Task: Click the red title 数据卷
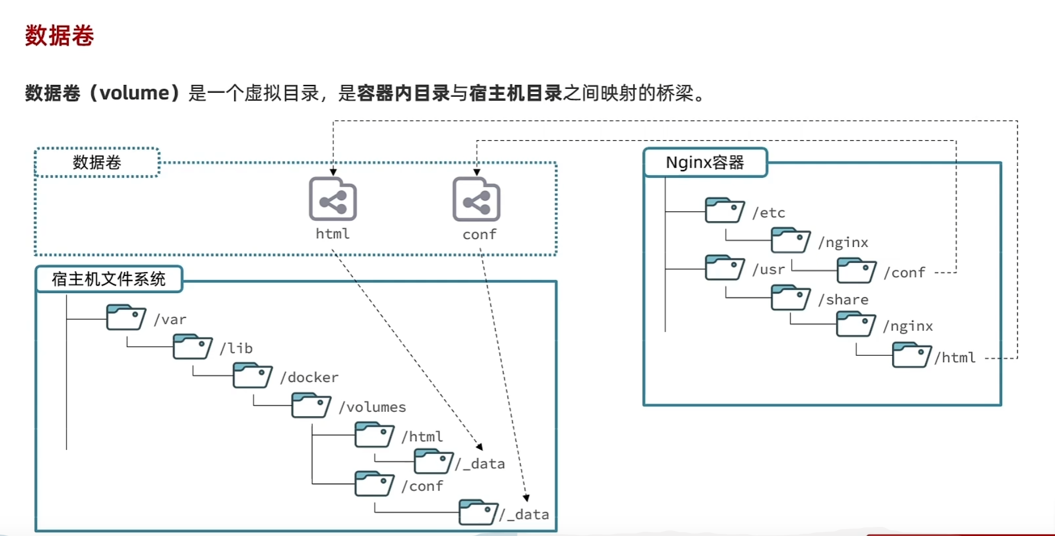click(x=59, y=35)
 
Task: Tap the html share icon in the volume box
click(x=333, y=199)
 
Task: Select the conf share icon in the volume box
click(x=476, y=199)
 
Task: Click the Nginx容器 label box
click(x=705, y=163)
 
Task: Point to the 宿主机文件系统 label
click(x=109, y=279)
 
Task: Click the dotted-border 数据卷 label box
click(x=97, y=163)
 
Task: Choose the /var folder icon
click(x=126, y=318)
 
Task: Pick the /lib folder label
click(x=237, y=348)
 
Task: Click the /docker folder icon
click(x=252, y=375)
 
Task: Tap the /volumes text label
click(x=372, y=407)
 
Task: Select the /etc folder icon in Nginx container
click(x=724, y=210)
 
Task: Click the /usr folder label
click(x=768, y=269)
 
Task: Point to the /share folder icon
click(x=791, y=298)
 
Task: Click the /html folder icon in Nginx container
click(x=912, y=355)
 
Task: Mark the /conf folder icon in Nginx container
click(x=856, y=270)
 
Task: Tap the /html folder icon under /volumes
click(x=374, y=435)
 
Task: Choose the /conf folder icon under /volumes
click(x=374, y=484)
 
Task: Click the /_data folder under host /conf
click(x=478, y=512)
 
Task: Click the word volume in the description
click(x=135, y=92)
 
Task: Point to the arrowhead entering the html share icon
click(x=333, y=172)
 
